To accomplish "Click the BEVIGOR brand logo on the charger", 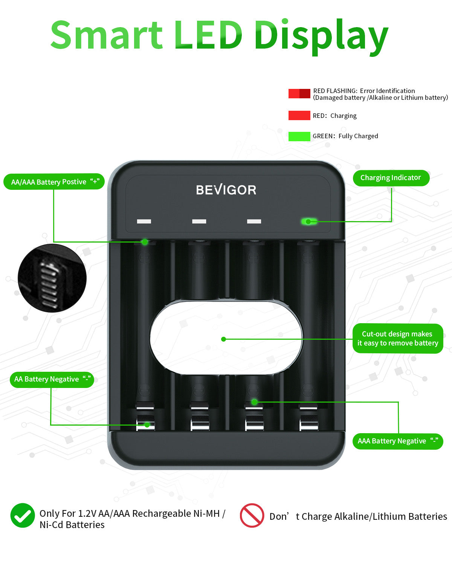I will [226, 189].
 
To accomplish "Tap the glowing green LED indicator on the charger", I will [309, 221].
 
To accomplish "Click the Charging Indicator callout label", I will [391, 178].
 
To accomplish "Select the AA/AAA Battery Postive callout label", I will [54, 182].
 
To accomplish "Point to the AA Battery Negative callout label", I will [52, 379].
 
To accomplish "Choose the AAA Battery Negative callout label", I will [397, 441].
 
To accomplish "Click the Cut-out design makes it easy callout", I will [397, 338].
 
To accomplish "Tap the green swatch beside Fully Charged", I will [299, 136].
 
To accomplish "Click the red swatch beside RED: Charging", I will [299, 116].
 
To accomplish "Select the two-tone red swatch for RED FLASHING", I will [299, 94].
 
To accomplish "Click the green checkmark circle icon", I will [23, 515].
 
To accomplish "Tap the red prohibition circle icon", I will [252, 515].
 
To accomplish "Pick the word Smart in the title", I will [107, 35].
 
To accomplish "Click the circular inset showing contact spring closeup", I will [52, 278].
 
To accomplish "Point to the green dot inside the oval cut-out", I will [223, 339].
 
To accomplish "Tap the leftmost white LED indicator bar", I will [144, 221].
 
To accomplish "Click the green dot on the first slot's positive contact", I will [145, 242].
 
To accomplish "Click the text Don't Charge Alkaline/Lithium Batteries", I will [358, 516].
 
